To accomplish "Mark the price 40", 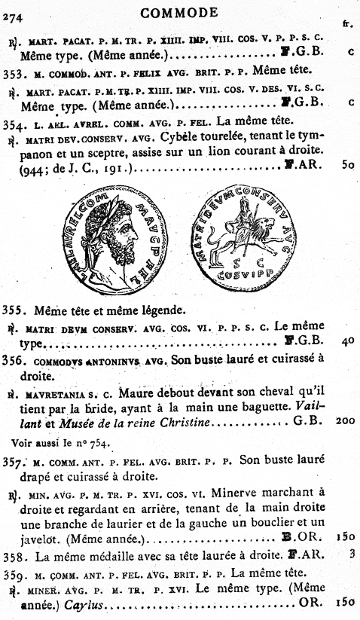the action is tap(347, 340).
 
